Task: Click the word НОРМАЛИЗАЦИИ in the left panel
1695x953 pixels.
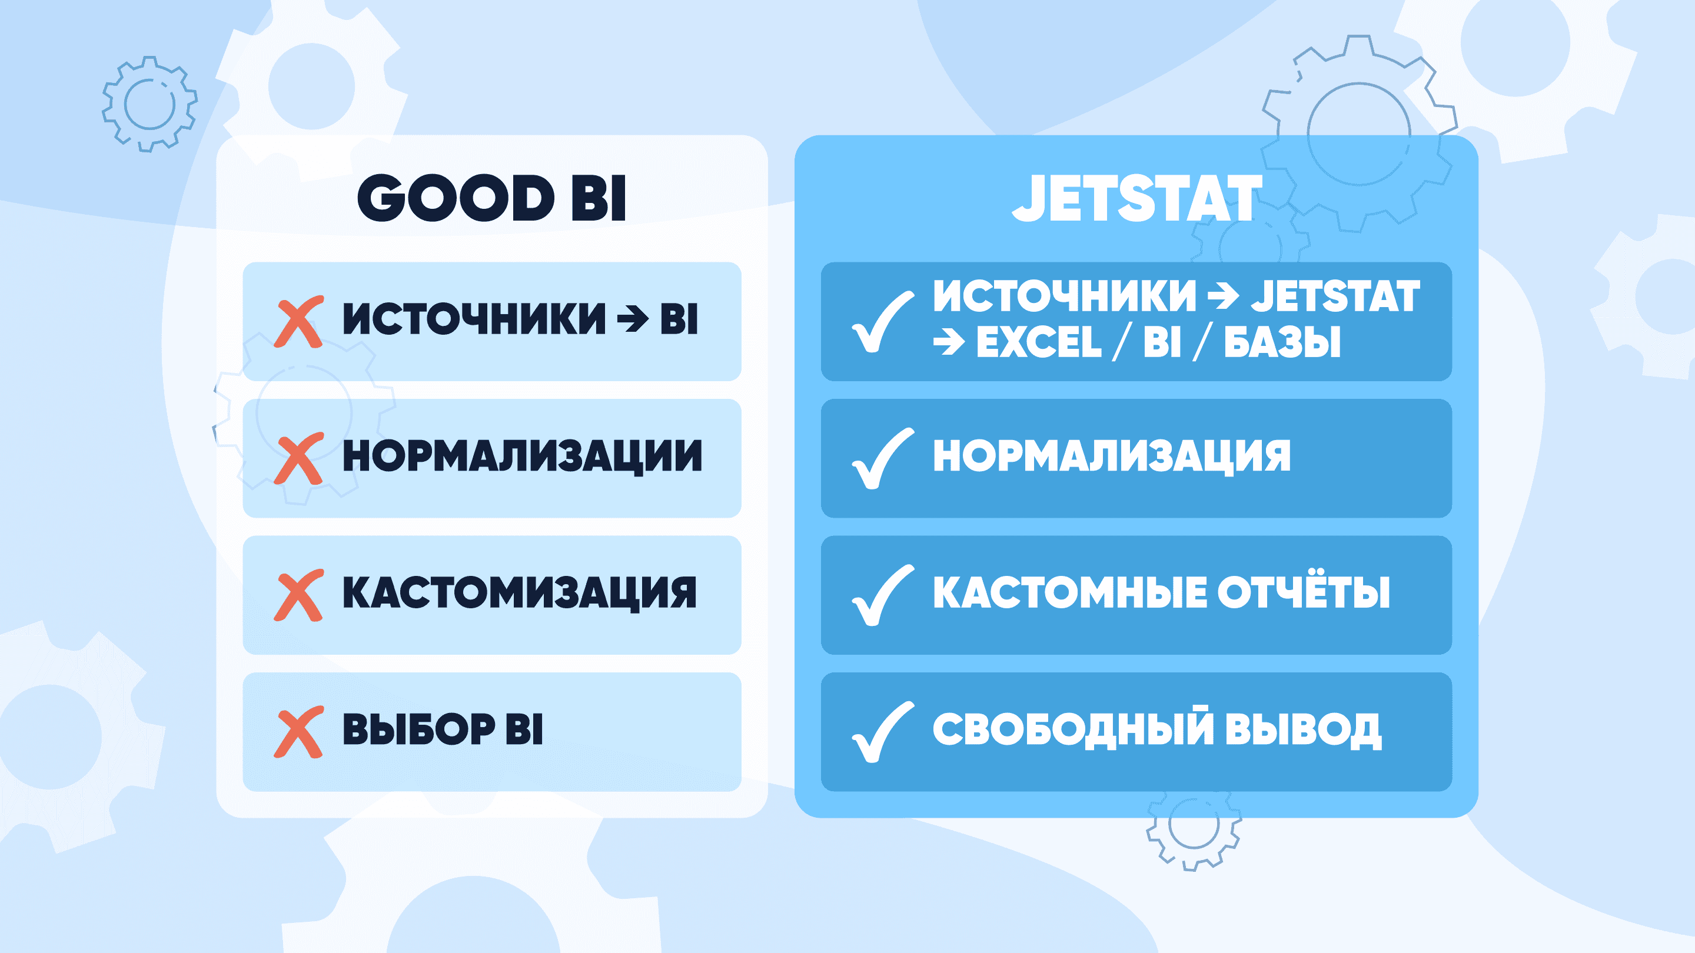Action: click(523, 456)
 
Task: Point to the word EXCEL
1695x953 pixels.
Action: click(1038, 342)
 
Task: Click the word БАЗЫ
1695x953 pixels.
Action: click(1282, 342)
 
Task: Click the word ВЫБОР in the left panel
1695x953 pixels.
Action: click(418, 729)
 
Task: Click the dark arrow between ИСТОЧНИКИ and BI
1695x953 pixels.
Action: click(632, 319)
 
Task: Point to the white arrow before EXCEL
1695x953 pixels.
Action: click(949, 342)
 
